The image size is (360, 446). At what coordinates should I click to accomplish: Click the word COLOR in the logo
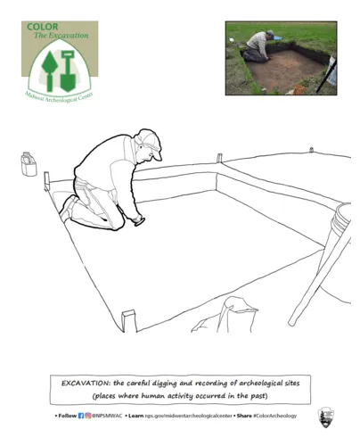click(x=43, y=27)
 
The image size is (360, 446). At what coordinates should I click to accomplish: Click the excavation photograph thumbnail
click(x=281, y=58)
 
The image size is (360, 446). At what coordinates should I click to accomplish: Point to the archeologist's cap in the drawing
click(x=149, y=142)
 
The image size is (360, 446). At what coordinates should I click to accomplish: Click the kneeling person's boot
click(x=68, y=211)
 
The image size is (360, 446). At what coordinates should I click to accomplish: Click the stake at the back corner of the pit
click(x=219, y=158)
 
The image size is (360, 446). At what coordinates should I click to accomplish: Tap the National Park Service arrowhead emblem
click(x=326, y=417)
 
